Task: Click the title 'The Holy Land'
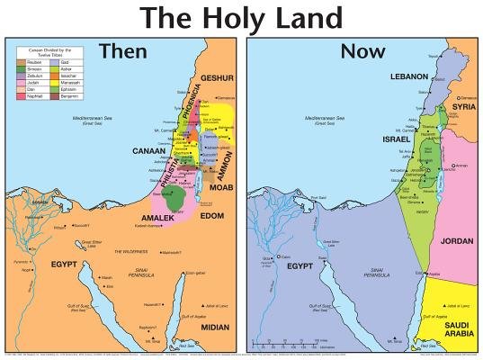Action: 241,18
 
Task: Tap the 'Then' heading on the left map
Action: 123,51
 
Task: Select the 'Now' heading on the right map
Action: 362,51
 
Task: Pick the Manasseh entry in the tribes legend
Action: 67,82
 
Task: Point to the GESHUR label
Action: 217,78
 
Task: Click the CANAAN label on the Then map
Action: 148,151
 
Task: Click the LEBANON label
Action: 409,77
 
